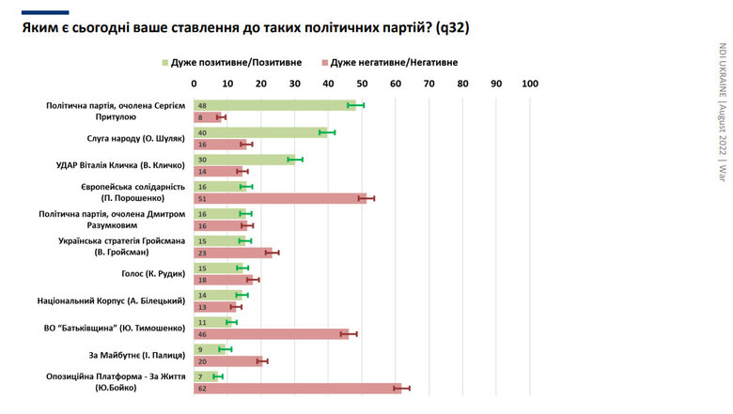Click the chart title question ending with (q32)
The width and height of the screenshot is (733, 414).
coord(245,28)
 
